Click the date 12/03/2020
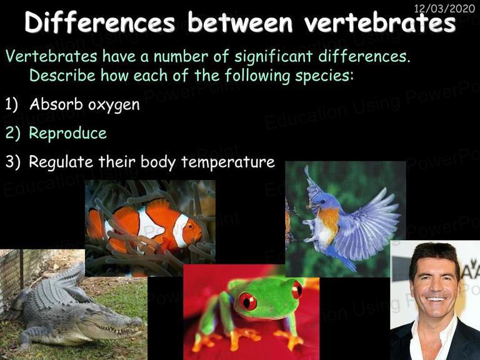(444, 8)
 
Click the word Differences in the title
(99, 22)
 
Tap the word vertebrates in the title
(380, 22)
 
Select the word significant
(273, 57)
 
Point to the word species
(324, 76)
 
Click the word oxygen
(114, 105)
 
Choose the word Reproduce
(67, 134)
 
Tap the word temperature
(227, 162)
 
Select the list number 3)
(12, 161)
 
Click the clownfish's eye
(191, 226)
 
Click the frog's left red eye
(247, 301)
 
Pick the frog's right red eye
(297, 289)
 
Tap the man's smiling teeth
(435, 299)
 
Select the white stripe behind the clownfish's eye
(181, 230)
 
